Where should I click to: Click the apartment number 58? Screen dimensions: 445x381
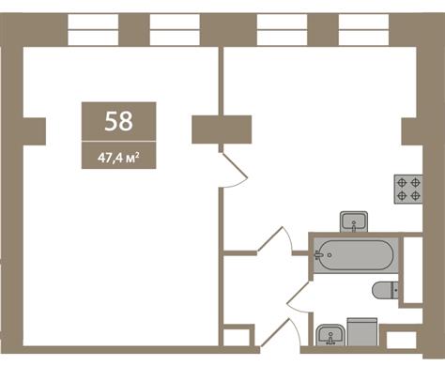tap(118, 121)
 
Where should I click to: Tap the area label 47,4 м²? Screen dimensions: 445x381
tap(118, 158)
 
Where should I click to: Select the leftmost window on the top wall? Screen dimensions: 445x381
tap(93, 30)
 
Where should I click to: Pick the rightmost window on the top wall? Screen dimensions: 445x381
tap(363, 30)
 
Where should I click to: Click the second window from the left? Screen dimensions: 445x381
tap(175, 30)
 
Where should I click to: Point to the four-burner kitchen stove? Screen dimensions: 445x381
tap(408, 189)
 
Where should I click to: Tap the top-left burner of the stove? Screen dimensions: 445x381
tap(402, 182)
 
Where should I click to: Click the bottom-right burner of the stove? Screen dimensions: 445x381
tap(415, 196)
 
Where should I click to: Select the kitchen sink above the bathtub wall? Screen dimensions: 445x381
tap(354, 221)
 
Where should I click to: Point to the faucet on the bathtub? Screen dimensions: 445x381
tap(319, 255)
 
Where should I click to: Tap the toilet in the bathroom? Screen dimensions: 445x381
tap(385, 290)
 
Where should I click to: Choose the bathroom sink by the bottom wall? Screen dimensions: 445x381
tap(330, 335)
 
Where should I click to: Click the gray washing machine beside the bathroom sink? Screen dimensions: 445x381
tap(362, 331)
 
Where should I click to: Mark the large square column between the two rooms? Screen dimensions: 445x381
tap(222, 130)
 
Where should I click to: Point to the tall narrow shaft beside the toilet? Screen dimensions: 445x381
tap(412, 270)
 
